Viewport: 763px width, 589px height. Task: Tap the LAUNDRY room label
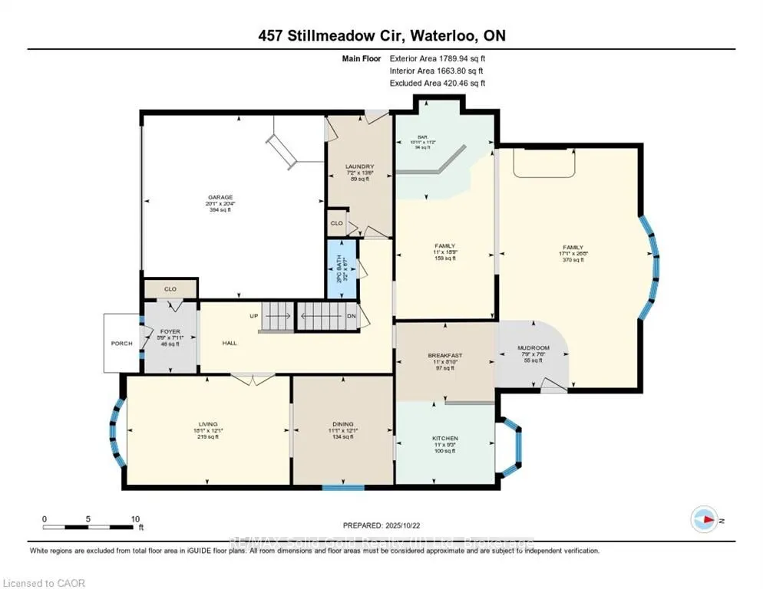point(359,166)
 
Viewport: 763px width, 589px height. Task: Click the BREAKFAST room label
point(446,356)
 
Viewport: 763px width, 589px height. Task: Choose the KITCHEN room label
point(444,439)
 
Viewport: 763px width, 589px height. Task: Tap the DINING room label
point(343,424)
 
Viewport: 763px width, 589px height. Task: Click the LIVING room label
point(208,424)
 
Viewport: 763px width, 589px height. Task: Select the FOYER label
point(170,332)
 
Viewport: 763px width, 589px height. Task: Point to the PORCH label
point(121,343)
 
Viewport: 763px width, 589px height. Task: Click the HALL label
point(230,343)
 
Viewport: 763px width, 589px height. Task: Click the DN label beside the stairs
point(352,315)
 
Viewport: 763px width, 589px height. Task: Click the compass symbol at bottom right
point(705,520)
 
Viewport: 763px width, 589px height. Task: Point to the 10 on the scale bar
point(135,518)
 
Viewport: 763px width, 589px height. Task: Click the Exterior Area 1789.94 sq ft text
point(438,58)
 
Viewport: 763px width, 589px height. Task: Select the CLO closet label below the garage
point(170,289)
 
